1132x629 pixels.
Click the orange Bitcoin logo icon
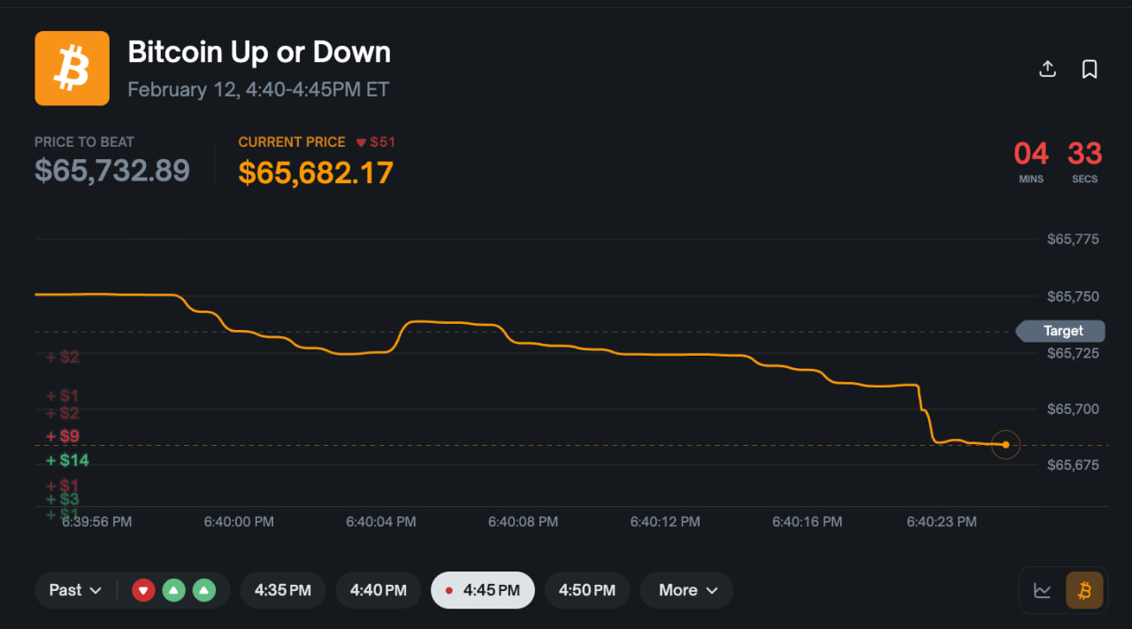tap(72, 68)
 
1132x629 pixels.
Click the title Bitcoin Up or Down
tap(259, 52)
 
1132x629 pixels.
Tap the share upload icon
tap(1047, 69)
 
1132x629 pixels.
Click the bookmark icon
tap(1090, 69)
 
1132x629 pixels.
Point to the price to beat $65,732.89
tap(112, 170)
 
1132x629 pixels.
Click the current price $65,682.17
tap(316, 173)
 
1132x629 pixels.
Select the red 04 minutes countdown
tap(1031, 154)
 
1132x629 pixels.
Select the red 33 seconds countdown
tap(1084, 154)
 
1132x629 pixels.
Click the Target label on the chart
tap(1062, 331)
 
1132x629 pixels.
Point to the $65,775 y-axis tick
tap(1073, 239)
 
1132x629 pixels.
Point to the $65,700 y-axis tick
tap(1073, 409)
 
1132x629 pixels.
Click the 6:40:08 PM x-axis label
tap(523, 522)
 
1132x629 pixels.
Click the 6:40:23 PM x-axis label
tap(942, 522)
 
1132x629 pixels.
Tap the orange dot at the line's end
tap(1006, 445)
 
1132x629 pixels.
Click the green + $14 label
tap(68, 460)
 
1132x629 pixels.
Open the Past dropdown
tap(75, 590)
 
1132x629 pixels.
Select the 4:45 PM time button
tap(482, 590)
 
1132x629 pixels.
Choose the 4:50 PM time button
tap(586, 590)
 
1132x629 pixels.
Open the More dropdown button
tap(686, 590)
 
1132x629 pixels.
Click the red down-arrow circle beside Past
tap(143, 590)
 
